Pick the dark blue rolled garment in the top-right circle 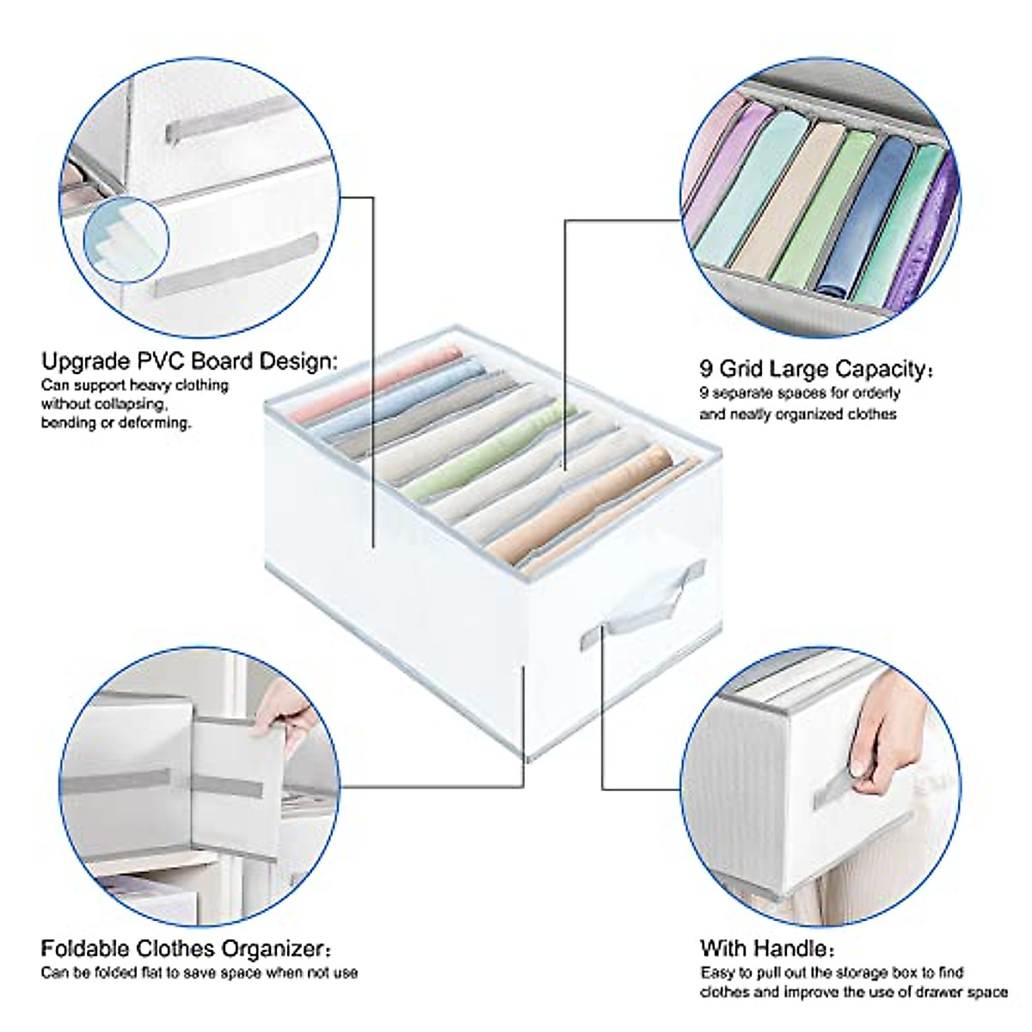pos(869,215)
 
